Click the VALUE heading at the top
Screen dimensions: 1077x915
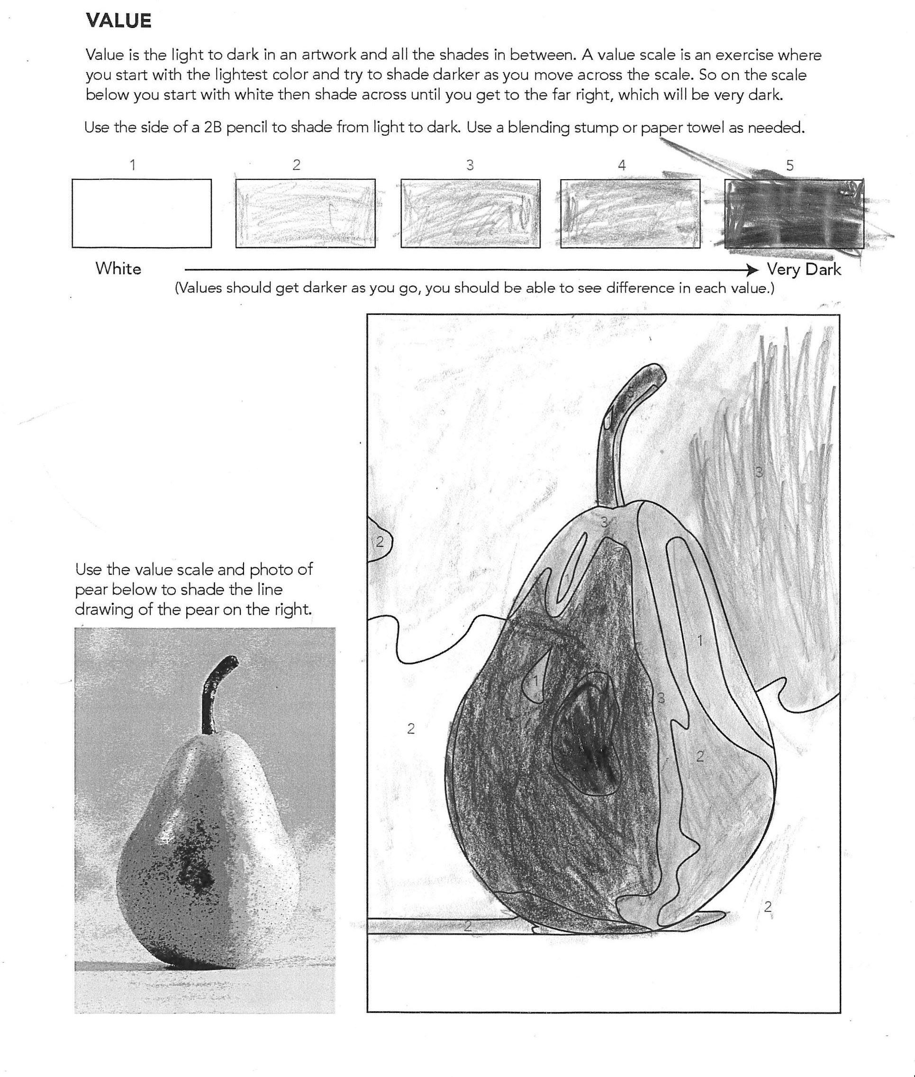tap(118, 21)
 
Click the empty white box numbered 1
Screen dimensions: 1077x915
tap(142, 213)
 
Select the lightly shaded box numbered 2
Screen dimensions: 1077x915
tap(305, 213)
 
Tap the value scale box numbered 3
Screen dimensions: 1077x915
tap(470, 213)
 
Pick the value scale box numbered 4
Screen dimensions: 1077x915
tap(630, 213)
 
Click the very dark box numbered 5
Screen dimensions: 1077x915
tap(794, 213)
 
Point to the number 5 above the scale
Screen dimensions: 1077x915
tap(789, 166)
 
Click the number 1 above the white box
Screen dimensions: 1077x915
tap(133, 165)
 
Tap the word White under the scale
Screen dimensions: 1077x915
tap(118, 269)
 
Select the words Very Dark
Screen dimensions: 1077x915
tap(804, 269)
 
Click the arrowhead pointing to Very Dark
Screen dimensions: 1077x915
tap(752, 269)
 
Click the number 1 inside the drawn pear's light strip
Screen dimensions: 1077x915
tap(699, 641)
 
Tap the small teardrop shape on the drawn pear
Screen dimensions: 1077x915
tap(535, 677)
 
